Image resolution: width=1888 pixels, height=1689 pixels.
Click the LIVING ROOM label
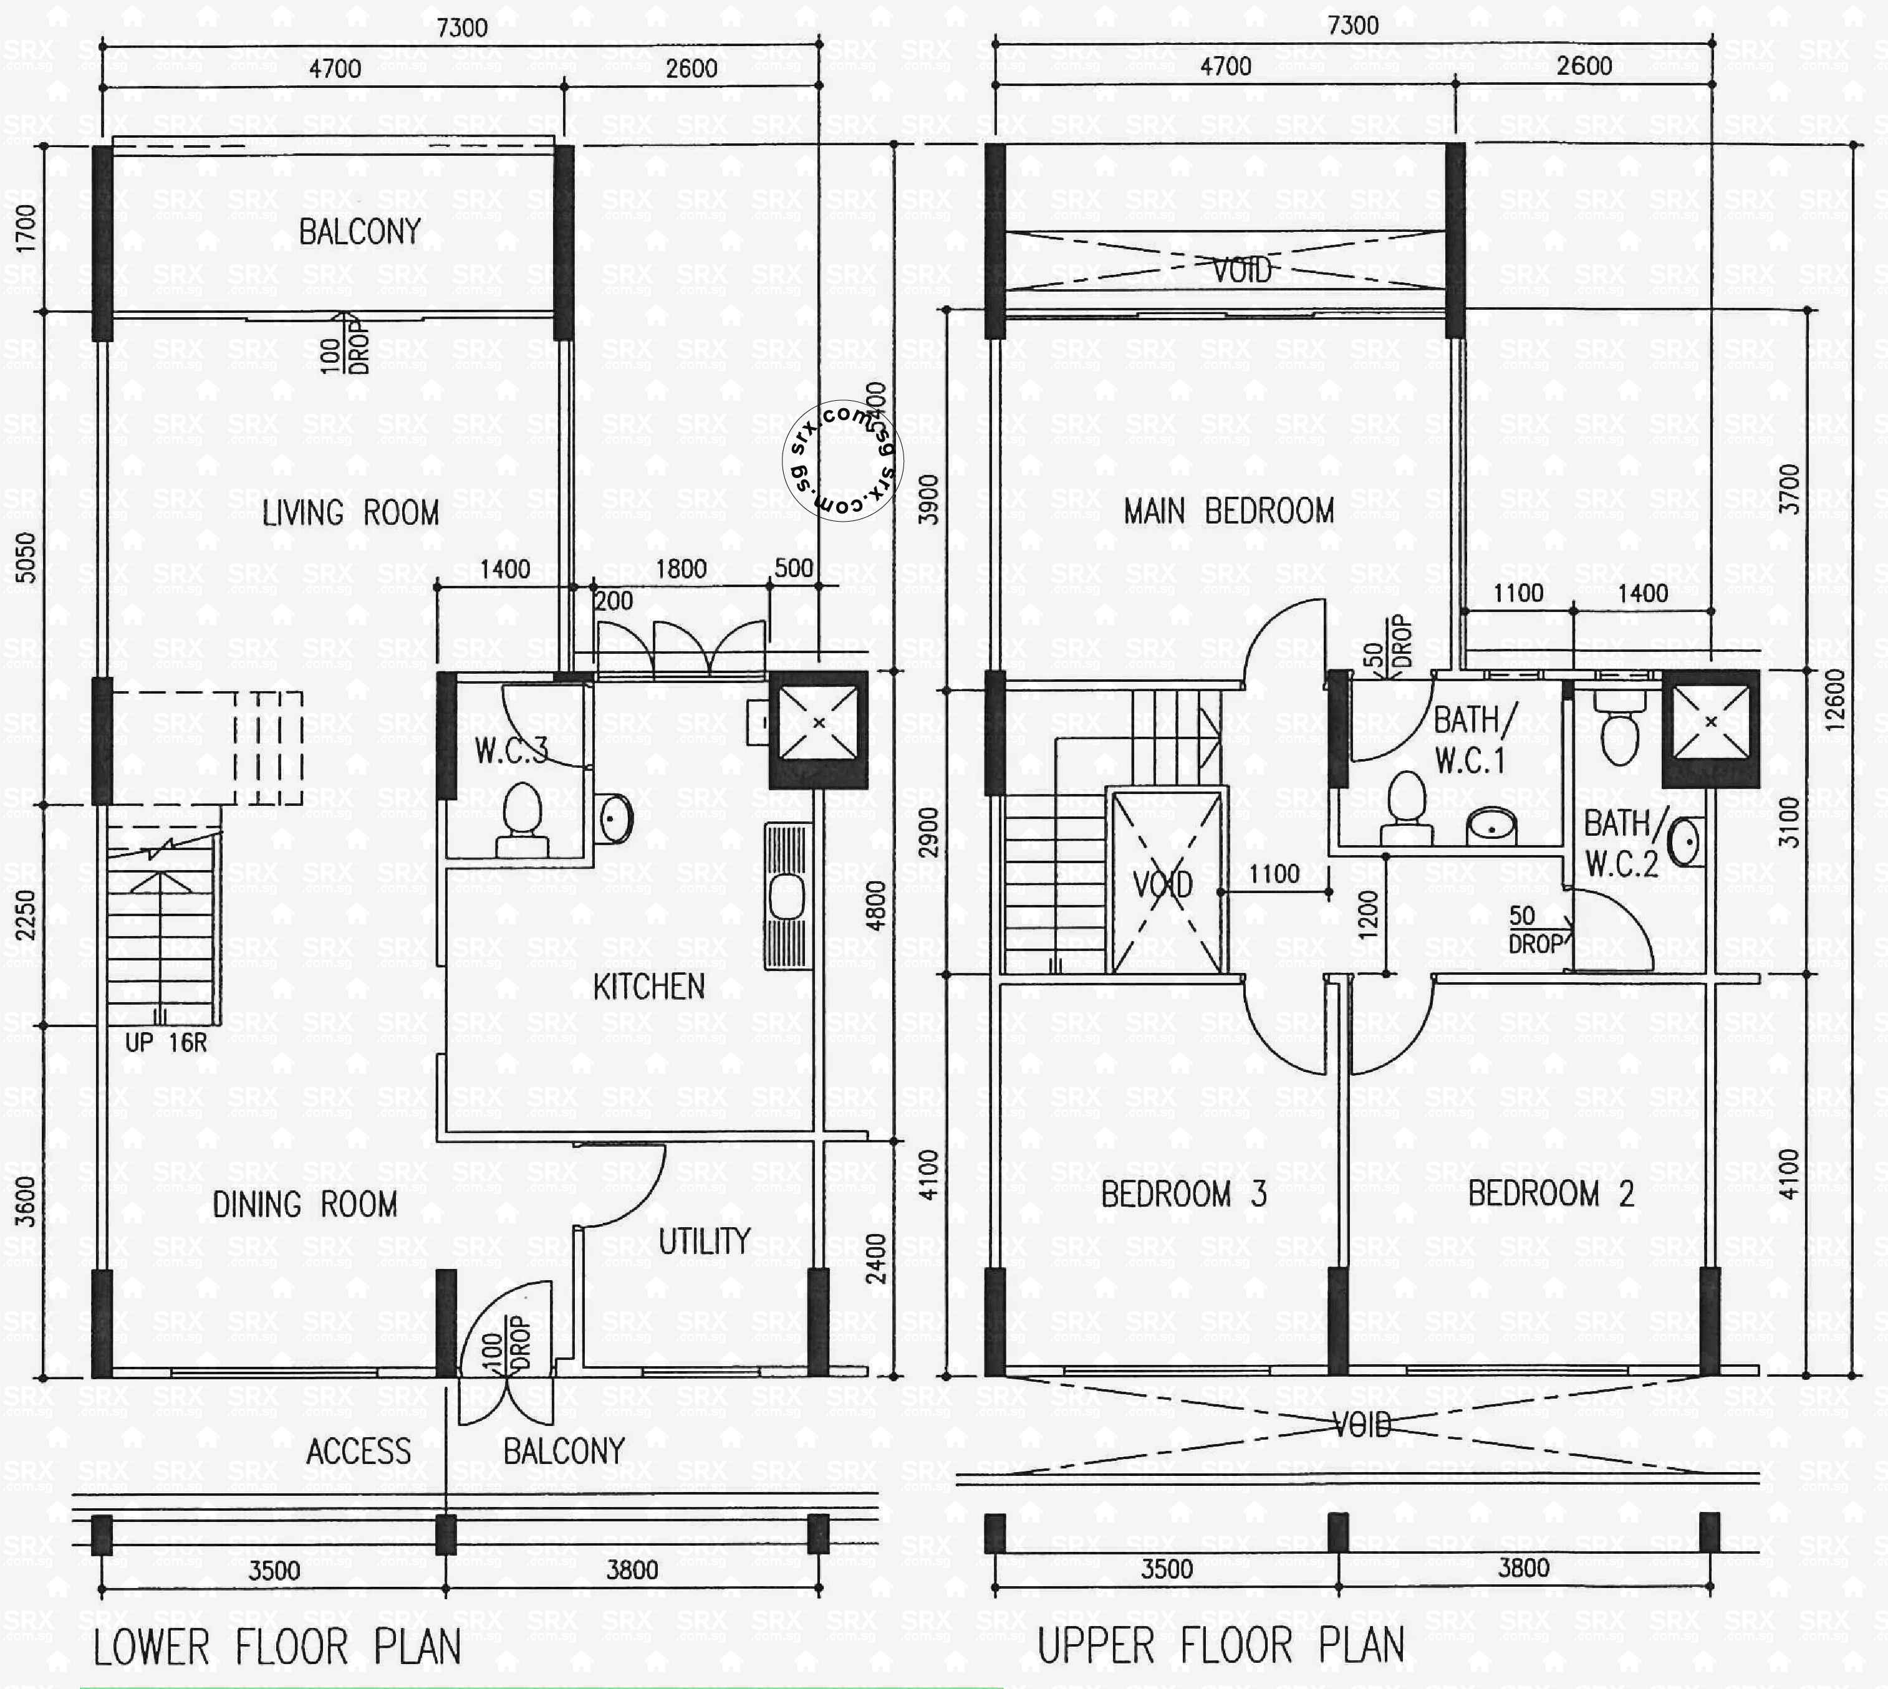click(x=350, y=512)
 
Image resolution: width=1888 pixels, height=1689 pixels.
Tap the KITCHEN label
click(x=649, y=987)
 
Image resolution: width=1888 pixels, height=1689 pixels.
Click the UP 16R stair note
click(x=166, y=1042)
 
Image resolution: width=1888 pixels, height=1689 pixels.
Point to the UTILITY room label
click(x=703, y=1241)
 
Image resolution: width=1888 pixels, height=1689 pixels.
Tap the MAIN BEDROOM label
click(x=1228, y=510)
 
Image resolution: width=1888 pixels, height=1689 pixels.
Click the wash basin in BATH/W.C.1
click(x=1491, y=823)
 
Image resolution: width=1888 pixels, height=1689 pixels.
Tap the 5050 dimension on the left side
click(x=26, y=557)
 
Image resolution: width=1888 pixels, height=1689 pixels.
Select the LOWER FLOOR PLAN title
click(x=277, y=1647)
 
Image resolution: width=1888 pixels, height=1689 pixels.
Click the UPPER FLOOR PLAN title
click(x=1220, y=1645)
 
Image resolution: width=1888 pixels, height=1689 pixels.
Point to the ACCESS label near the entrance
click(x=359, y=1450)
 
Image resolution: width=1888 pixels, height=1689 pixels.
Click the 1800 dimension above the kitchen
click(x=682, y=569)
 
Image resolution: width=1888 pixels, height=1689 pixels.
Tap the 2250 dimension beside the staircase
click(x=26, y=914)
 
